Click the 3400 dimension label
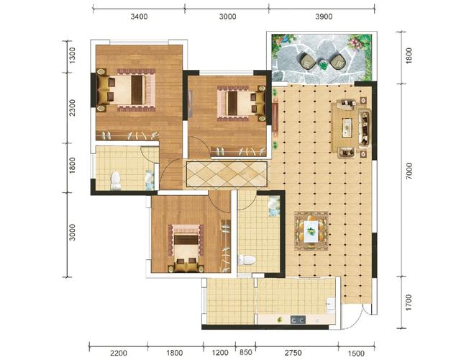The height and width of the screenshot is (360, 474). [139, 17]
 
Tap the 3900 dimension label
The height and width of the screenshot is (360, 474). [324, 17]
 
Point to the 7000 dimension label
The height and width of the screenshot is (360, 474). [409, 171]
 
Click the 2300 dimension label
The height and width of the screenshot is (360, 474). [72, 108]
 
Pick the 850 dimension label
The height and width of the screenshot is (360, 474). [246, 352]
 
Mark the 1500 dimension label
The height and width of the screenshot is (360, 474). [356, 353]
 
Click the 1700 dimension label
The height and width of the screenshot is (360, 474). [409, 302]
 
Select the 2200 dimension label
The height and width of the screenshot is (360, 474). [119, 353]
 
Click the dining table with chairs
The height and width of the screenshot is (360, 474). [311, 231]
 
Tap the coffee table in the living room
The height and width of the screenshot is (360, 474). [347, 127]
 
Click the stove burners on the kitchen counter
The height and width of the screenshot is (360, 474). [298, 320]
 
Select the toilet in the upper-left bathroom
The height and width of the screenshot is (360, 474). [115, 181]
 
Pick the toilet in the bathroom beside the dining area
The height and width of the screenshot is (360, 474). [247, 260]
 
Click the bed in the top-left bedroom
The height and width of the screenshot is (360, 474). [126, 90]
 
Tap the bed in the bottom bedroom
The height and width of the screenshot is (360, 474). [186, 248]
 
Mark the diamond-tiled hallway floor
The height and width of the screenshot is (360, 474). [227, 174]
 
